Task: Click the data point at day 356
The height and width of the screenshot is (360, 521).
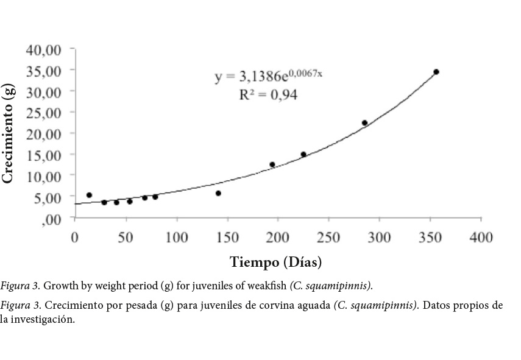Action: pos(436,72)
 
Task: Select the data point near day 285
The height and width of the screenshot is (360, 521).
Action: pos(364,123)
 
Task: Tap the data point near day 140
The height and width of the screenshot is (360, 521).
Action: pos(218,193)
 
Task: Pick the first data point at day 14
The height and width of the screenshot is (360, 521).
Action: pos(89,195)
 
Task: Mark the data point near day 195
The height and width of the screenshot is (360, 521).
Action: pos(272,164)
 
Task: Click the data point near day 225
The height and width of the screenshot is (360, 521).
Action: pos(303,155)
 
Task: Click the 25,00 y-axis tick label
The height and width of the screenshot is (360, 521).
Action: pos(43,113)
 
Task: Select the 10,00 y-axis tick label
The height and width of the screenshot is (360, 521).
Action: pos(43,176)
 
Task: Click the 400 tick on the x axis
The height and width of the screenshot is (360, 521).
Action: pos(481,237)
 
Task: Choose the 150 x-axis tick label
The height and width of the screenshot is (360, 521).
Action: pos(227,237)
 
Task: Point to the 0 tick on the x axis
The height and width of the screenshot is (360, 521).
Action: pos(75,237)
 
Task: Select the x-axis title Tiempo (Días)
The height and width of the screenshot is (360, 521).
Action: pos(276,263)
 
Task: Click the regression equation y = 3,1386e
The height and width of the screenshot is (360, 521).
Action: pos(268,76)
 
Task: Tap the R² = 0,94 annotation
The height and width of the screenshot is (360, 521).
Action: pos(269,95)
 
